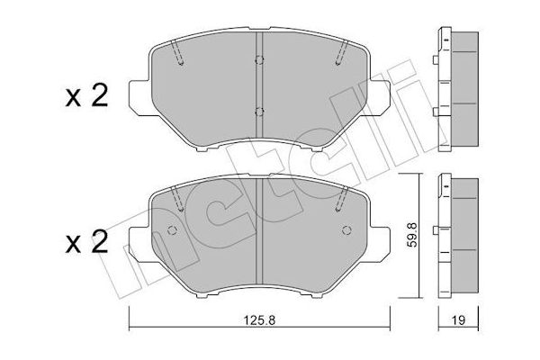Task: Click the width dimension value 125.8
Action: point(260,320)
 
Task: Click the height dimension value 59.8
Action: point(412,235)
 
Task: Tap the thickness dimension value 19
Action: point(459,320)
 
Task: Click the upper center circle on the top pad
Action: point(259,60)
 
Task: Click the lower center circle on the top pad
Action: point(259,112)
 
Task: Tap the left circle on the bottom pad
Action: point(172,230)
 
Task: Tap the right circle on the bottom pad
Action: point(346,230)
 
